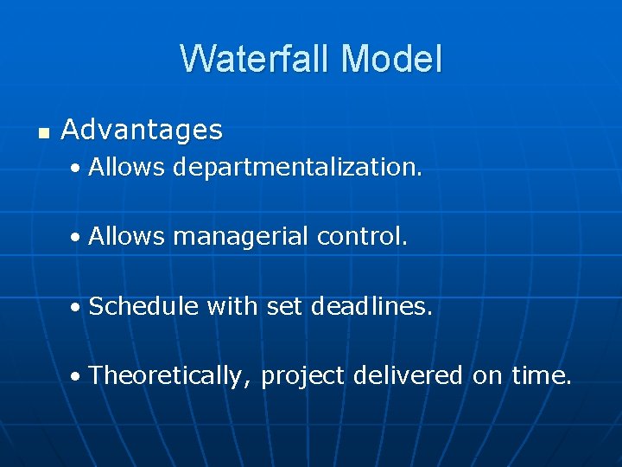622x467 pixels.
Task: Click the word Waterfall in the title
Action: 256,59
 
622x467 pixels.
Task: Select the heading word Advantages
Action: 142,131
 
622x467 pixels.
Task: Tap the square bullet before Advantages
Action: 43,132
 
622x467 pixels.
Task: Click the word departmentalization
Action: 297,167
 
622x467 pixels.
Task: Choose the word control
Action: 363,236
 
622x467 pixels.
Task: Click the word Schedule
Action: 143,306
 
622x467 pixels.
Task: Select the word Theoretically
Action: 170,376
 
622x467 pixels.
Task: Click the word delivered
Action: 409,376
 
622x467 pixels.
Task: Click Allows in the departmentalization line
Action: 126,167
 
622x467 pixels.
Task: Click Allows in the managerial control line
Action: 126,236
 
